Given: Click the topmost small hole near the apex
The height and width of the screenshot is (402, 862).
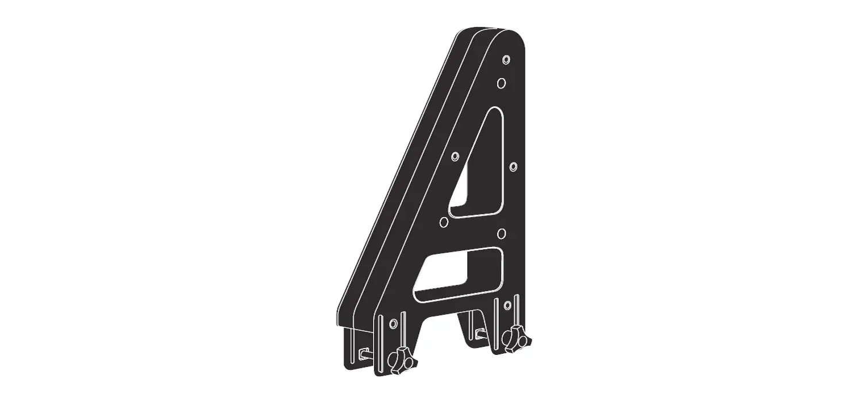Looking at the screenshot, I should pos(506,60).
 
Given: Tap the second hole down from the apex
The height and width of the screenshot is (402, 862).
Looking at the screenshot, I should pos(501,83).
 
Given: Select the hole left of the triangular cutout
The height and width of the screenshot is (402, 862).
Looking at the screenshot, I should pos(456,156).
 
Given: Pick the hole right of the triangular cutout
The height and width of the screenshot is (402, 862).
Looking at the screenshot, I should pos(513,167).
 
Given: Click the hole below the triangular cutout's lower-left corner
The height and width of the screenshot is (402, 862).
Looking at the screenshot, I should pos(443,222).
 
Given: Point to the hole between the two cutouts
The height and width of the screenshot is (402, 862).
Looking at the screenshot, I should pos(501,233).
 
